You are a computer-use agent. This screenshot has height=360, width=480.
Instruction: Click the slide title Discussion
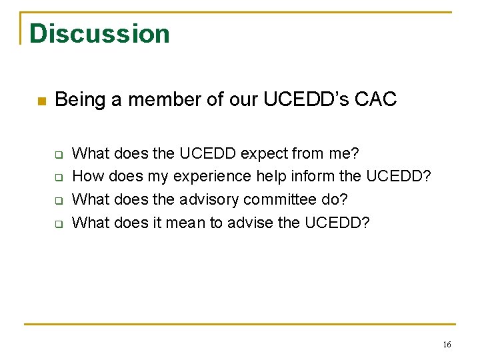tap(99, 33)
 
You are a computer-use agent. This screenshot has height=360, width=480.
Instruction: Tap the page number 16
tap(447, 344)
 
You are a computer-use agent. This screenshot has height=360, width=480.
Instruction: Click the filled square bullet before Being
tap(40, 101)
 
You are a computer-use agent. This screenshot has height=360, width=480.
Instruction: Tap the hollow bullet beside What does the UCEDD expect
tap(58, 155)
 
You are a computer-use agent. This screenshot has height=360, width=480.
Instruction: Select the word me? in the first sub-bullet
tap(343, 154)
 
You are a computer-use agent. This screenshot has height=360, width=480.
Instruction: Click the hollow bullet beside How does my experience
tap(58, 178)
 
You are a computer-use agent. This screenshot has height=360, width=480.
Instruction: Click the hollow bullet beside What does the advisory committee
tap(58, 201)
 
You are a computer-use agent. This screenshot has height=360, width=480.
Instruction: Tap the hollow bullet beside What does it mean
tap(58, 223)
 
